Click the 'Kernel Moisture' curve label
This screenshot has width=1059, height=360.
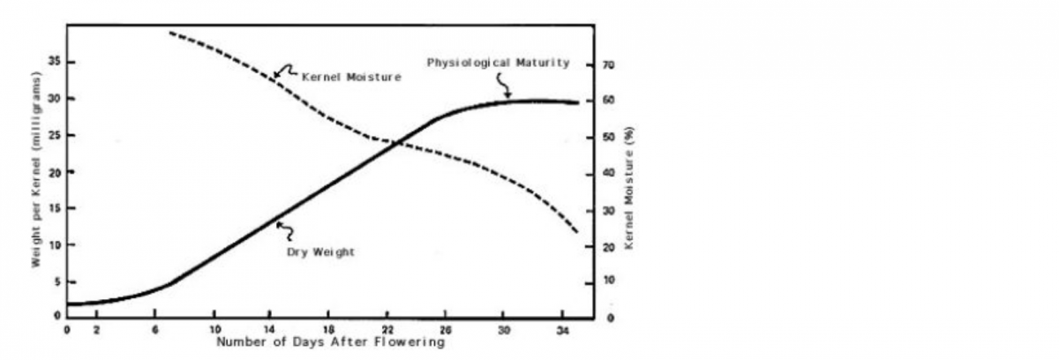[x=351, y=77]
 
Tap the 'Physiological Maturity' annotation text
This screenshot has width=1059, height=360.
[x=498, y=63]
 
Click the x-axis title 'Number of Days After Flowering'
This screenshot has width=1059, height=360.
[x=330, y=341]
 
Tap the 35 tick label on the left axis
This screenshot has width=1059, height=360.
[x=55, y=63]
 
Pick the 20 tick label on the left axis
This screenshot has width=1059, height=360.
[x=55, y=172]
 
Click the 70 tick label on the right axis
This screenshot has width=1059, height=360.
[x=608, y=65]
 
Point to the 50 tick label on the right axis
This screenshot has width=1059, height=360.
[x=608, y=138]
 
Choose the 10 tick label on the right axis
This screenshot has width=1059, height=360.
[x=608, y=281]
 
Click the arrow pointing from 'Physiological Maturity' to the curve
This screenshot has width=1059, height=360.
[x=504, y=85]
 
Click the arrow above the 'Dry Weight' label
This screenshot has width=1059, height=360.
[x=284, y=231]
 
